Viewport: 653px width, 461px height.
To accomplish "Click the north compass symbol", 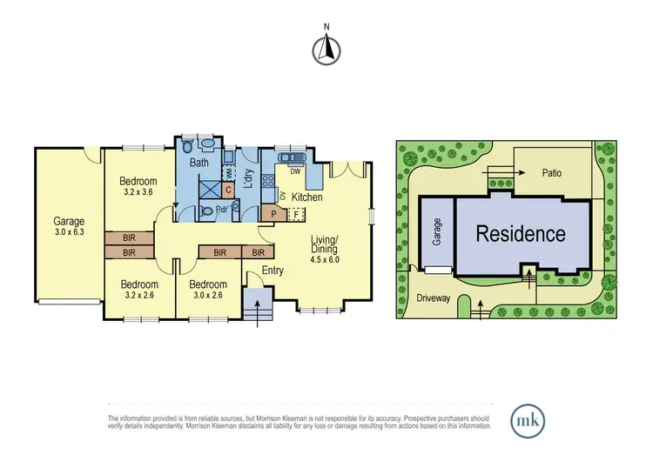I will pyautogui.click(x=326, y=51).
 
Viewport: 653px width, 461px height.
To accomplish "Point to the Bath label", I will pyautogui.click(x=199, y=163).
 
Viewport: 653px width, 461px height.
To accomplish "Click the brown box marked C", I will pyautogui.click(x=227, y=189).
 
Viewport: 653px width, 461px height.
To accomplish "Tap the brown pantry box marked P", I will pyautogui.click(x=273, y=212).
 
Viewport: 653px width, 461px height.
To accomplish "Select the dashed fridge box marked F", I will pyautogui.click(x=296, y=212).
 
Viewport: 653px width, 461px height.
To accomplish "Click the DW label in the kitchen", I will pyautogui.click(x=295, y=171).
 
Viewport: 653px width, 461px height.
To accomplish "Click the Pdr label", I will pyautogui.click(x=223, y=210).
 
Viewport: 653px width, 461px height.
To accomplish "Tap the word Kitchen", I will pyautogui.click(x=306, y=197).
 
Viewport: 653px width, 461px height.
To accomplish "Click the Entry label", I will pyautogui.click(x=273, y=271).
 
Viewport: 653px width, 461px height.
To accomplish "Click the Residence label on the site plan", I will pyautogui.click(x=520, y=234).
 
